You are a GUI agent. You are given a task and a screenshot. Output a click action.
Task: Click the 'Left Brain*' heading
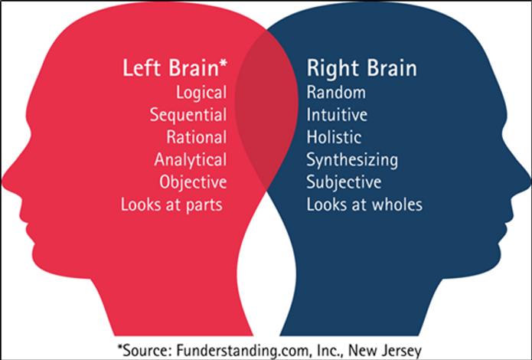coord(175,68)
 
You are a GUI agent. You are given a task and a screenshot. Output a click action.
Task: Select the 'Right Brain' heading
coord(362,68)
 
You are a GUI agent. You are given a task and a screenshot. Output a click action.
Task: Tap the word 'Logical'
coord(201,93)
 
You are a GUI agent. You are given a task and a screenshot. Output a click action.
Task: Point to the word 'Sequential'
coord(188,116)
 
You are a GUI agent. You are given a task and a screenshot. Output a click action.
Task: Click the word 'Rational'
coord(197,138)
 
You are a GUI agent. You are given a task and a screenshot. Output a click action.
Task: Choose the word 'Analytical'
coord(191,160)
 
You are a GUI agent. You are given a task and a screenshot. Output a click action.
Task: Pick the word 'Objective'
coord(194,182)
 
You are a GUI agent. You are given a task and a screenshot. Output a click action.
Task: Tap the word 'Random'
coord(336,93)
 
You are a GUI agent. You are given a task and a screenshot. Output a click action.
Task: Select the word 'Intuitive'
coord(338,116)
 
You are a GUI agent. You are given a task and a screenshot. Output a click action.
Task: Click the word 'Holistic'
coord(335,138)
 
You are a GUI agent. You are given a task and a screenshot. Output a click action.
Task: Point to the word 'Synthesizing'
coord(352,160)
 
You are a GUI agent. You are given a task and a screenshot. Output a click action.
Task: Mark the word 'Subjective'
coord(344,182)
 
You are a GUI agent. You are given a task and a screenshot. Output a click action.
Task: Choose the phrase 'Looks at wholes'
coord(364,205)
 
